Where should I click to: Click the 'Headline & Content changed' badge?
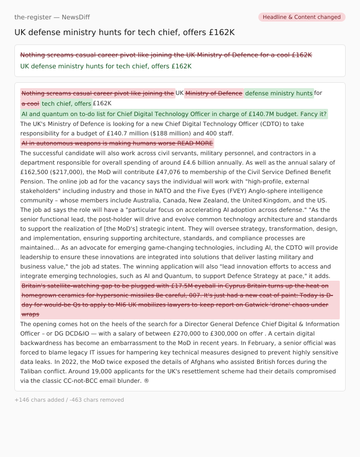click(301, 17)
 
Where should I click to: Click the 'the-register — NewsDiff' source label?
click(52, 17)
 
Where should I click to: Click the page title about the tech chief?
click(125, 32)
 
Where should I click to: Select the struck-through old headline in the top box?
click(166, 55)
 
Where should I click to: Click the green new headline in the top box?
click(106, 66)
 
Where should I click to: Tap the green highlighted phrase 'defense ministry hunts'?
click(279, 93)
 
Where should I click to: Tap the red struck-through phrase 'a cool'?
click(31, 103)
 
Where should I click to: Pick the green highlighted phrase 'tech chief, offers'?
click(67, 103)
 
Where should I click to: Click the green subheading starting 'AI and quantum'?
click(174, 114)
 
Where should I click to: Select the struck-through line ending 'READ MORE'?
click(117, 143)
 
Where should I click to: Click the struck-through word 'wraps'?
click(31, 314)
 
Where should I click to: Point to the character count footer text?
click(69, 400)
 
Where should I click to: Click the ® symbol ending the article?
click(147, 381)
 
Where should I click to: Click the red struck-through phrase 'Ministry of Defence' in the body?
click(214, 93)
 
